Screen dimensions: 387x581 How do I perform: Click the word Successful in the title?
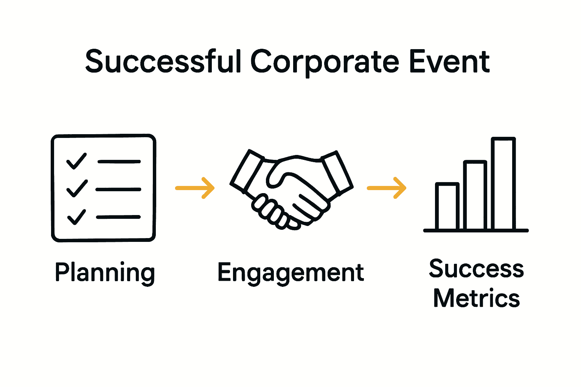point(163,62)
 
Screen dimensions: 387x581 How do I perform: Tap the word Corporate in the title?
point(325,62)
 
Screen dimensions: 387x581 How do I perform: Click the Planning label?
point(105,273)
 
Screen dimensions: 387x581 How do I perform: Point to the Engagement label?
point(290,273)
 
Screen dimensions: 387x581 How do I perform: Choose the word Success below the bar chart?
point(476,269)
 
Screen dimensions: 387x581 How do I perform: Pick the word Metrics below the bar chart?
point(476,298)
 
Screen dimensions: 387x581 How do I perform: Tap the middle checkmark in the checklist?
point(77,188)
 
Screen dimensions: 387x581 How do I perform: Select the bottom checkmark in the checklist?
point(76,217)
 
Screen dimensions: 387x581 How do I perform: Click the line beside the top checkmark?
point(119,161)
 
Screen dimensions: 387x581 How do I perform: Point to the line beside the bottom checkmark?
point(118,217)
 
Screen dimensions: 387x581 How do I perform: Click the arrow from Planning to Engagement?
point(195,187)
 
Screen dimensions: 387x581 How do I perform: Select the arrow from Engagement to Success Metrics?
point(387,187)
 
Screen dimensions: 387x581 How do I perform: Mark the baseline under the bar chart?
point(476,230)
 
